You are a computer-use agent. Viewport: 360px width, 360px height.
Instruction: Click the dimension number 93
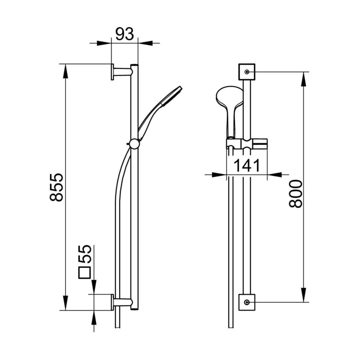point(124,34)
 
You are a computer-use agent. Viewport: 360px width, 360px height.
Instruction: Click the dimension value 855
point(56,187)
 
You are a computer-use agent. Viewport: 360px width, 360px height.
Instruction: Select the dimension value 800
point(296,194)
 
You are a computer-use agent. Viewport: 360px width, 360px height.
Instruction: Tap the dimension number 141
point(247,165)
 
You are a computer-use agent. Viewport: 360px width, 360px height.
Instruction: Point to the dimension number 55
point(85,254)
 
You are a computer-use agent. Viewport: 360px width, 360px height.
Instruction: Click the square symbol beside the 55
point(85,273)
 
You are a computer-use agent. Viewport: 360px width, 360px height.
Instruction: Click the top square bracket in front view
point(247,72)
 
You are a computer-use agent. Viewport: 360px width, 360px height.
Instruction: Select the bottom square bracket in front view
point(247,302)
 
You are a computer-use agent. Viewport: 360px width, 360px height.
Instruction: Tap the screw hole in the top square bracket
point(247,72)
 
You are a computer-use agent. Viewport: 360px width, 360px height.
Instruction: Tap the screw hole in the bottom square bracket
point(247,302)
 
